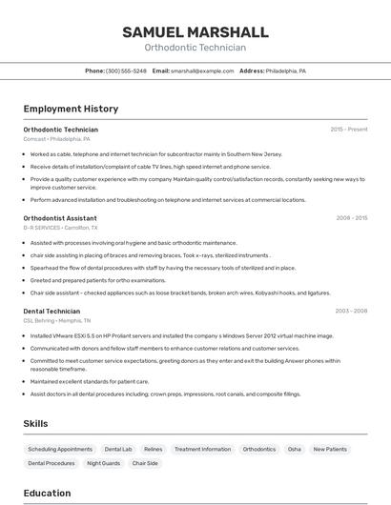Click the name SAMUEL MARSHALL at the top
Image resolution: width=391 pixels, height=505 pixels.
click(195, 32)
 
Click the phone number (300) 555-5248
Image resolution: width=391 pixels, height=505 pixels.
click(126, 71)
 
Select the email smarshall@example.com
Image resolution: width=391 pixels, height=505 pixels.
click(202, 71)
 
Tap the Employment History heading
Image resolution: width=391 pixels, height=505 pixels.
click(71, 109)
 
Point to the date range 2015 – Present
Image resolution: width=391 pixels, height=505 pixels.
click(348, 129)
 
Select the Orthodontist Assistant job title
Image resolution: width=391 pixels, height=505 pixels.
click(60, 217)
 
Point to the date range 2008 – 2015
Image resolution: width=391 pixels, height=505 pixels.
click(351, 217)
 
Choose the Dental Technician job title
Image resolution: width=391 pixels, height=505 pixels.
click(51, 311)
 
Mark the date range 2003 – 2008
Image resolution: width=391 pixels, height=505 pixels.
click(351, 311)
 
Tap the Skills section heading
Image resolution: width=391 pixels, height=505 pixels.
click(36, 423)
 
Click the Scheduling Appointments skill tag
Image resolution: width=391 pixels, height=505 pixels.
click(60, 449)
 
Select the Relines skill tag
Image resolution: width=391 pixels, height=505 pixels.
click(153, 449)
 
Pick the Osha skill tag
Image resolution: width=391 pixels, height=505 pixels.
click(294, 449)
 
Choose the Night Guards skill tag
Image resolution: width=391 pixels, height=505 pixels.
click(103, 463)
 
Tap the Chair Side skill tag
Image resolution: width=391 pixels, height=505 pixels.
click(145, 463)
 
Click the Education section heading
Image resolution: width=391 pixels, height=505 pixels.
click(47, 493)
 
